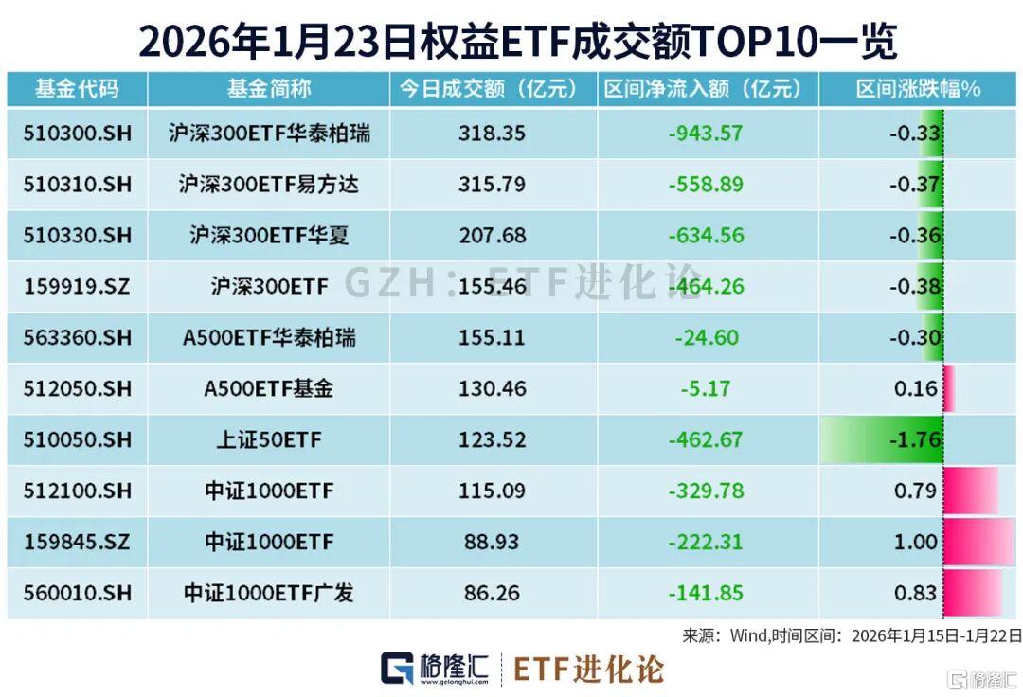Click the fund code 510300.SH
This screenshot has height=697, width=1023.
pyautogui.click(x=78, y=134)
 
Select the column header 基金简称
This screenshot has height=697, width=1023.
pyautogui.click(x=268, y=90)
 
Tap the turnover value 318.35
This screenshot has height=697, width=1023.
pyautogui.click(x=492, y=134)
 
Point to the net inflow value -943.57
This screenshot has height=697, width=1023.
pyautogui.click(x=706, y=134)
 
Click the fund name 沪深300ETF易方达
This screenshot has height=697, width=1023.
pyautogui.click(x=269, y=185)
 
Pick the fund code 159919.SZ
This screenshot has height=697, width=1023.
pyautogui.click(x=78, y=287)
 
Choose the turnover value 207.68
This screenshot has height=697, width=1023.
pyautogui.click(x=492, y=236)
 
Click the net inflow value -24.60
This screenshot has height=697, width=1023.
pyautogui.click(x=706, y=338)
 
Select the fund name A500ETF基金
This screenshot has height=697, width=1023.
pyautogui.click(x=269, y=389)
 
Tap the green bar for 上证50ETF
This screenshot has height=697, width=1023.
pyautogui.click(x=881, y=440)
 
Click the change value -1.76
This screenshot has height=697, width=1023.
pyautogui.click(x=915, y=440)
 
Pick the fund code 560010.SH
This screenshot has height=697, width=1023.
pyautogui.click(x=78, y=594)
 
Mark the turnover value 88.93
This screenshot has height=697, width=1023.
pyautogui.click(x=492, y=543)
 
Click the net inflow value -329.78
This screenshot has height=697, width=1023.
pyautogui.click(x=706, y=491)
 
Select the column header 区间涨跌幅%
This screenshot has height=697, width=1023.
pyautogui.click(x=918, y=90)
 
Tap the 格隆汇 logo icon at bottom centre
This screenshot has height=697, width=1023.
pyautogui.click(x=397, y=668)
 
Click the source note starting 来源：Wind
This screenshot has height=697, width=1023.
pyautogui.click(x=852, y=634)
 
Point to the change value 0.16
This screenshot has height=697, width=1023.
pyautogui.click(x=915, y=389)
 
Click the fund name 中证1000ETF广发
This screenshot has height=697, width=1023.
pyautogui.click(x=269, y=594)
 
